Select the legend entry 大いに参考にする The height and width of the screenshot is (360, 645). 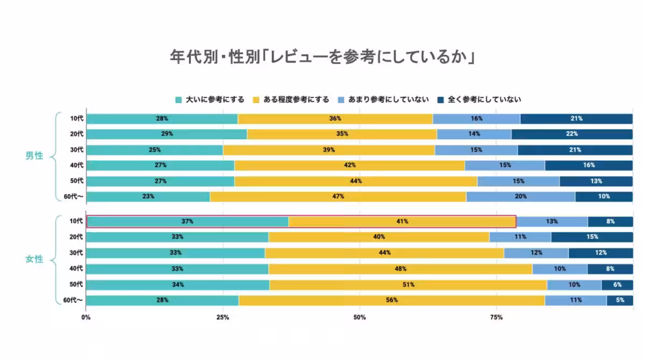coord(210,99)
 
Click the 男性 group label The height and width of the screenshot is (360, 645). coord(34,156)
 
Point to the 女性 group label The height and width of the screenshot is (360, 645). coord(34,260)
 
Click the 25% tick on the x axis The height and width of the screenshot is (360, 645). coord(223,318)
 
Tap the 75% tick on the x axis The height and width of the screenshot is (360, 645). coord(496,318)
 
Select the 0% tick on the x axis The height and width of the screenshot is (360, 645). coord(86,318)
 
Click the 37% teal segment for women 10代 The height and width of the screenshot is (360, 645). coord(187,221)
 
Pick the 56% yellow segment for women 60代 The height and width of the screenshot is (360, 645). coord(391,300)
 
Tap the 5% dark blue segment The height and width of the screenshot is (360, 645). coord(620,300)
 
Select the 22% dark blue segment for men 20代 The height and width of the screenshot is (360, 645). coord(572,134)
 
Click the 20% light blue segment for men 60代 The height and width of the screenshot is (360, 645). coord(520,197)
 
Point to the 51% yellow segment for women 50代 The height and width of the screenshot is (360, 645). coord(408,285)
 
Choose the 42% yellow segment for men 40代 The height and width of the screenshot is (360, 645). coord(349,165)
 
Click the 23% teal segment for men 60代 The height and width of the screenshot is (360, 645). coord(148,197)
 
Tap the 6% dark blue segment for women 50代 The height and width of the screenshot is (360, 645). coord(617,285)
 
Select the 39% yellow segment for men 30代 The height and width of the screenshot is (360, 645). coord(329,150)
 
